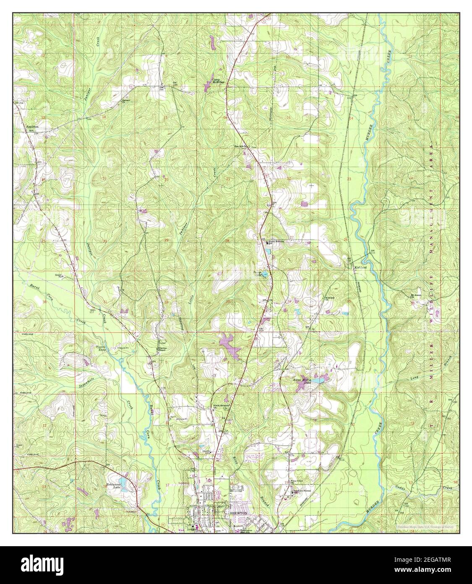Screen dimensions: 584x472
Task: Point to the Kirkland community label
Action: point(360,267)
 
